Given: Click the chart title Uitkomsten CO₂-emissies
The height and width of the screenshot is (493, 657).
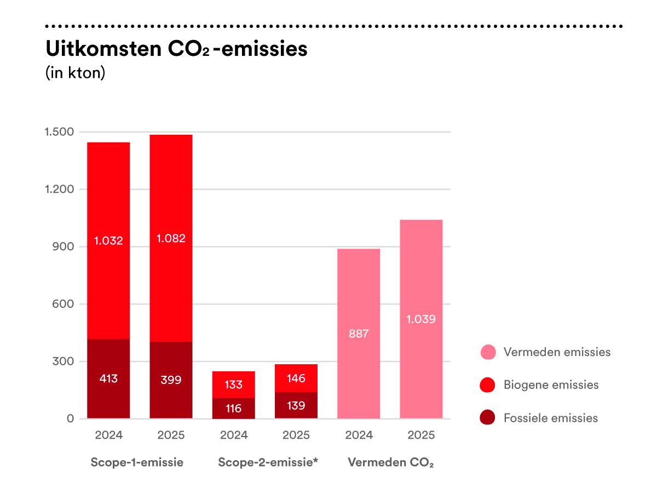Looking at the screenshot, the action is pos(176,49).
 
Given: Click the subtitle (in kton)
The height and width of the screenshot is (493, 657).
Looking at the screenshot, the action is pos(75,73).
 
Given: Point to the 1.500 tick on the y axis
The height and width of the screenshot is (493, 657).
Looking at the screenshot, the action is pos(59,131).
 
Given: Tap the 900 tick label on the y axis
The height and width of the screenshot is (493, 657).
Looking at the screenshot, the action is pos(63,246).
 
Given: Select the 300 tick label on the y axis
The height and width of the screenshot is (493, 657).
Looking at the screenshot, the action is pos(63,362).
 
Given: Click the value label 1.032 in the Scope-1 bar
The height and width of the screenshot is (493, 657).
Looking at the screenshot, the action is pos(108,240).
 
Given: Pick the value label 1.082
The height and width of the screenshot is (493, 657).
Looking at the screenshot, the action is pos(171,238).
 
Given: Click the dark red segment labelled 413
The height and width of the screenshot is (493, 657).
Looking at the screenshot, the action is pos(108,379).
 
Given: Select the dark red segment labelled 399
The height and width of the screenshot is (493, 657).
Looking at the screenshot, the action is pos(171,380).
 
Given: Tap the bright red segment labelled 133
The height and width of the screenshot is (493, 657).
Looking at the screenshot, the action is pos(233,385).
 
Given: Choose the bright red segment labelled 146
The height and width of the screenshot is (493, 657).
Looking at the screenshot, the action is pos(296,379).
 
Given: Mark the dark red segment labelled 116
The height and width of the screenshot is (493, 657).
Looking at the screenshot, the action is pos(233,408).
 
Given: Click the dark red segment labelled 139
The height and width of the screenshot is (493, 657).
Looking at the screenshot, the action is pos(296,405).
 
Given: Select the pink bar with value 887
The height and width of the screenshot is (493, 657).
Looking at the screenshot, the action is pos(359,334).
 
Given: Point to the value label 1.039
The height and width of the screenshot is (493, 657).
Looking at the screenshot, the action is pos(421,319).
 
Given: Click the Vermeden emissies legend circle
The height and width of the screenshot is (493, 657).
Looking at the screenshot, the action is pos(488,352).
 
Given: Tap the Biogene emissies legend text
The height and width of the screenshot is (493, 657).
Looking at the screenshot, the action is pos(551,385).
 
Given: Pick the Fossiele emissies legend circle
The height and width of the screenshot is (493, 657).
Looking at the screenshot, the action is pos(487,417).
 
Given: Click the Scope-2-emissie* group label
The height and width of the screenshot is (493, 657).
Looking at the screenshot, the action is pos(268,462).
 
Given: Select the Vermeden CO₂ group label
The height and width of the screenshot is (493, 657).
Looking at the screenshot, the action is pos(390,462).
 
